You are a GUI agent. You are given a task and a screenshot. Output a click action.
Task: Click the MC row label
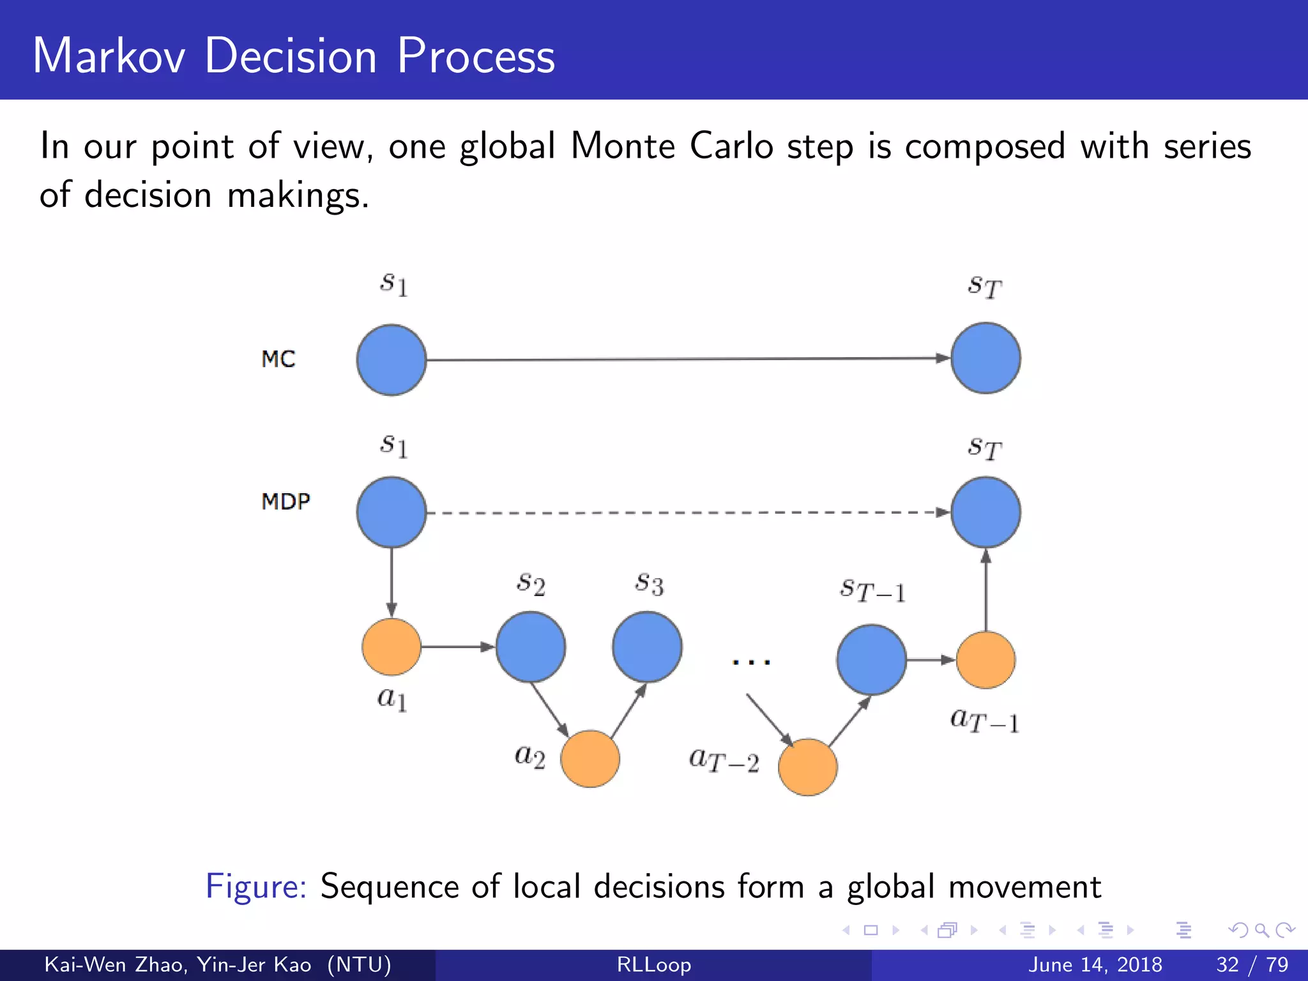click(x=278, y=359)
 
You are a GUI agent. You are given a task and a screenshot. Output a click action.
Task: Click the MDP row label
click(x=285, y=501)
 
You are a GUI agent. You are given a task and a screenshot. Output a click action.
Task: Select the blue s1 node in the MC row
click(x=392, y=360)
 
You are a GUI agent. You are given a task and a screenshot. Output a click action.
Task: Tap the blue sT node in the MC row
click(x=985, y=358)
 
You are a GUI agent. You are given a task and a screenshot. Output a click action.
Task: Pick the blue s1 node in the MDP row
click(x=392, y=512)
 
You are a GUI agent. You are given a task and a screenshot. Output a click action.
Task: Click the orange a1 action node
click(x=392, y=646)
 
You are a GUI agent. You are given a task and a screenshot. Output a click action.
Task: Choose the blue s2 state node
click(x=530, y=647)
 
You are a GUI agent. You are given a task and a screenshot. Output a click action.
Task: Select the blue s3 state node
click(x=647, y=647)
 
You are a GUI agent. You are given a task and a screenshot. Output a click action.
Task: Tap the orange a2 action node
click(x=590, y=759)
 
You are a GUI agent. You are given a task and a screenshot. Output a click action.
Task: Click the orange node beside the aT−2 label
click(x=808, y=767)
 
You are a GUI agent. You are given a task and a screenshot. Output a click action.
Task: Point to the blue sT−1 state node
click(x=871, y=660)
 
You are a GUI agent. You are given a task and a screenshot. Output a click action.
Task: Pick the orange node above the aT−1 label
click(x=985, y=660)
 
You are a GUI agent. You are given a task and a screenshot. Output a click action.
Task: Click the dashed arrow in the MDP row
click(x=687, y=512)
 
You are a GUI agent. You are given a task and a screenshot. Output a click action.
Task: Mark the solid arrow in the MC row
click(x=687, y=359)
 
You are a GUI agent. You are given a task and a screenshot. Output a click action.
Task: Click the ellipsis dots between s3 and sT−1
click(x=752, y=662)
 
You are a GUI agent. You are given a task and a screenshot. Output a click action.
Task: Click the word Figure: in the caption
click(x=256, y=886)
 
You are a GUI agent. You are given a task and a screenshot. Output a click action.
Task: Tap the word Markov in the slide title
click(x=109, y=56)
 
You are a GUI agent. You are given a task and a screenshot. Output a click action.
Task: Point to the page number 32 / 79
click(x=1252, y=964)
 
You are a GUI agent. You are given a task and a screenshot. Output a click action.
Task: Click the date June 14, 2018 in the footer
click(x=1095, y=964)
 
